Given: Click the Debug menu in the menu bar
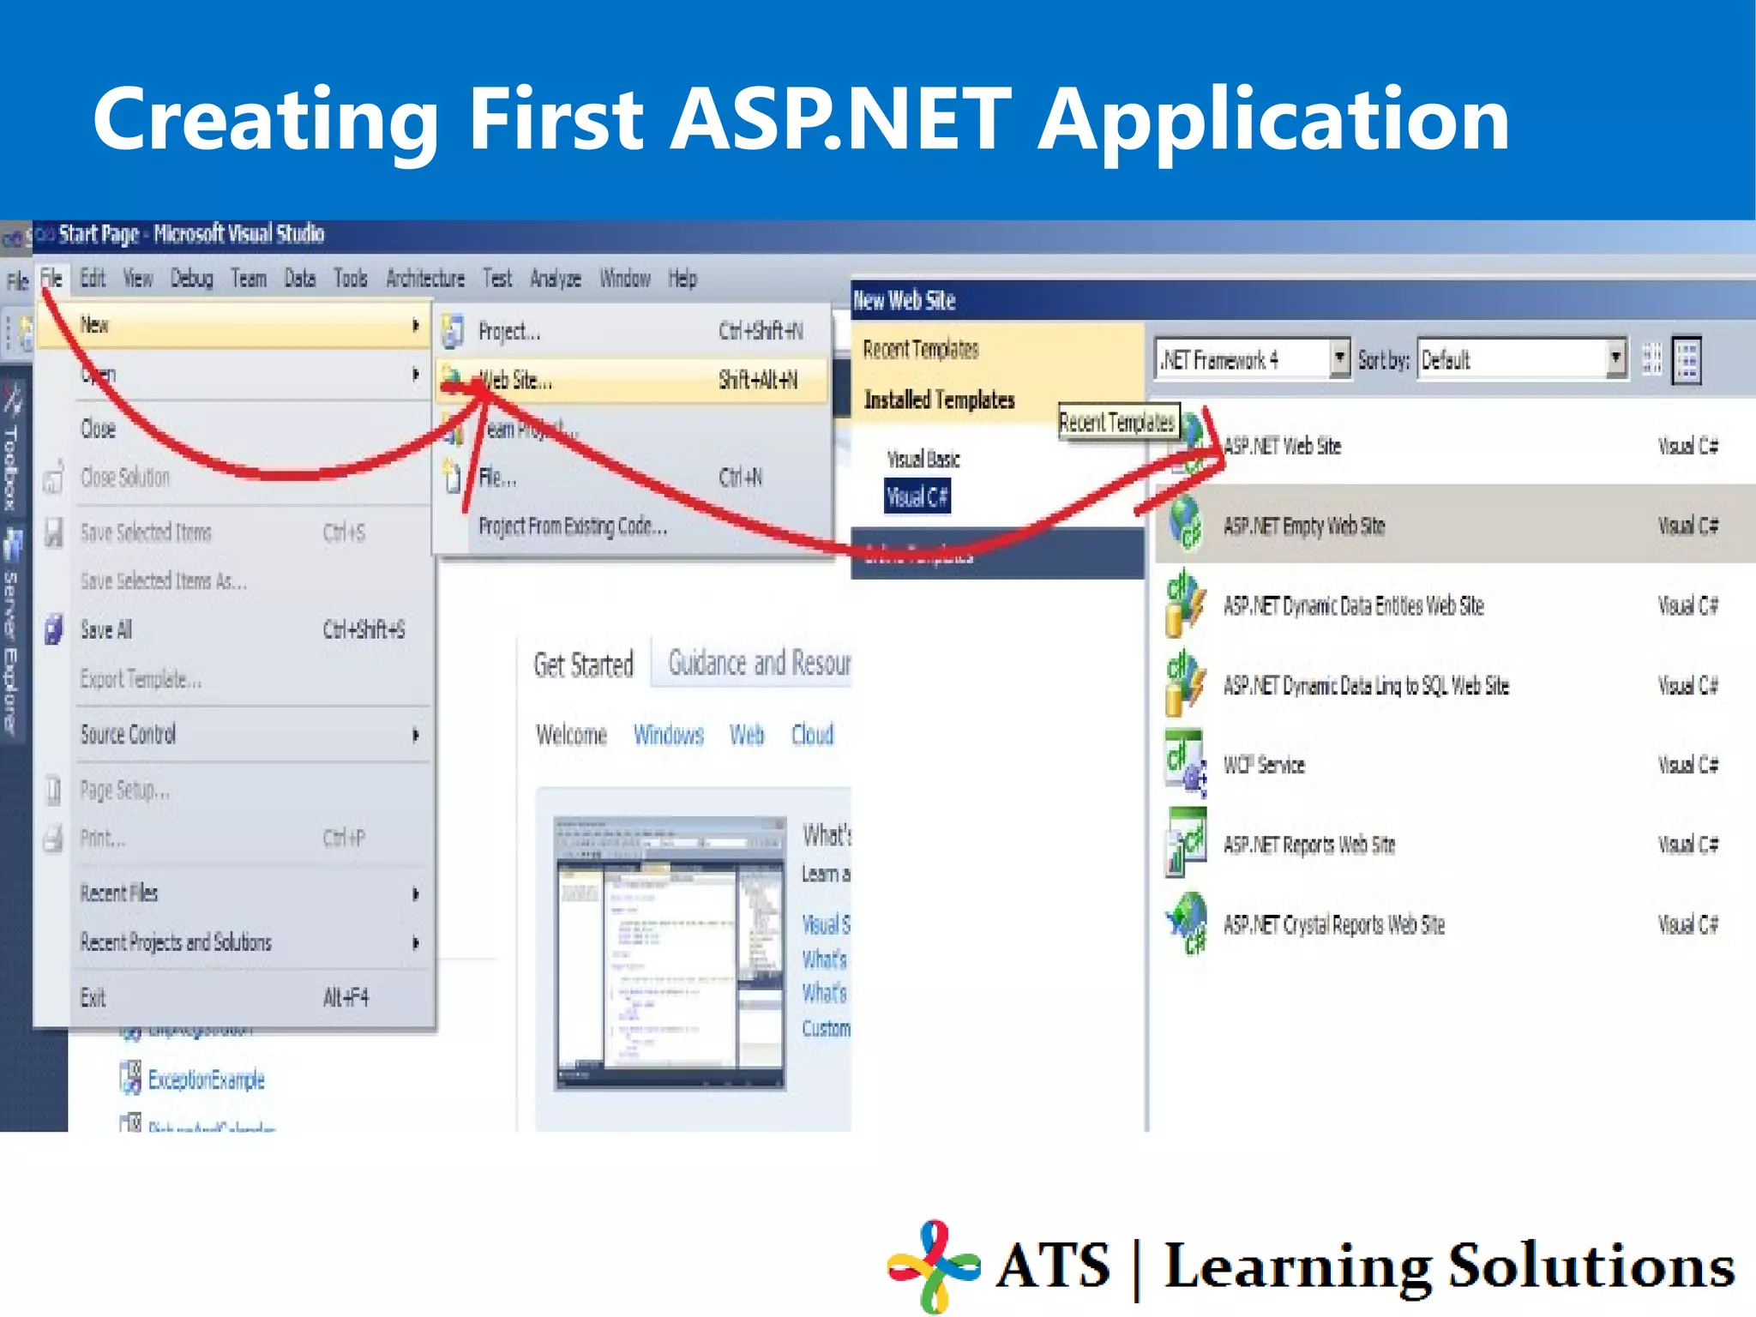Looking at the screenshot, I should [191, 279].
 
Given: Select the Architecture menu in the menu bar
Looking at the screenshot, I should [424, 279].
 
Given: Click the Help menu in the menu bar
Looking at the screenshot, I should [683, 279].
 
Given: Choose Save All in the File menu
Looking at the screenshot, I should [106, 630].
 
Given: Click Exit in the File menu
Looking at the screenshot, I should [93, 998].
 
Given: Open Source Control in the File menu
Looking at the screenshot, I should [129, 735].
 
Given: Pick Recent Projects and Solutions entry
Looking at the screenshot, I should [176, 943].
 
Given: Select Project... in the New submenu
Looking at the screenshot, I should [508, 332].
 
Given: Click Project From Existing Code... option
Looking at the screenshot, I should [572, 526].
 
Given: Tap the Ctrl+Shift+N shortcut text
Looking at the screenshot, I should [761, 332].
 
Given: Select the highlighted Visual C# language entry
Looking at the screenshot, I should [917, 497].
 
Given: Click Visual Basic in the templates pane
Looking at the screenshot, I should [923, 460].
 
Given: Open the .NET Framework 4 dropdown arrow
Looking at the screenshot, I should [1339, 358].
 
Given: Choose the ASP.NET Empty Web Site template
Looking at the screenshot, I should [1303, 526].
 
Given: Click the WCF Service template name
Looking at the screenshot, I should [1263, 765].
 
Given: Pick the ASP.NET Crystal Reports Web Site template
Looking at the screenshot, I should [1333, 925].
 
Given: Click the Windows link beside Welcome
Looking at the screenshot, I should [668, 735].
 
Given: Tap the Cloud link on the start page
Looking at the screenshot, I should [812, 735].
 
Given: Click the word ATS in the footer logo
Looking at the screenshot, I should [1053, 1266].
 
